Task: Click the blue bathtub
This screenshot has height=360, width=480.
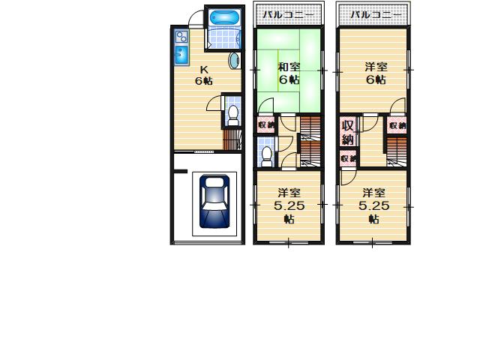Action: pos(222,17)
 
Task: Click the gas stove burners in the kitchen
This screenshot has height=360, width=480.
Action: pos(181,36)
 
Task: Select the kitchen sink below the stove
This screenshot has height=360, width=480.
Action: pos(181,54)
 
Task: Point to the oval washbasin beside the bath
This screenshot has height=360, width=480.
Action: pos(233,61)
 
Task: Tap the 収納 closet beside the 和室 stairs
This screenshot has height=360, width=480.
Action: pos(265,125)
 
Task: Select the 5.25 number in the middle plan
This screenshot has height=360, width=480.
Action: pos(289,205)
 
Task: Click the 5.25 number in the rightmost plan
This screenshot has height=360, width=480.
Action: pos(373,205)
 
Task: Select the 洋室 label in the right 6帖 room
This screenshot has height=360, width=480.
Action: pos(376,66)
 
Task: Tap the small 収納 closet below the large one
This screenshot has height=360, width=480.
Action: pos(347,158)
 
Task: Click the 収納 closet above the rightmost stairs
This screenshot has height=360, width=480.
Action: pos(397,125)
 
